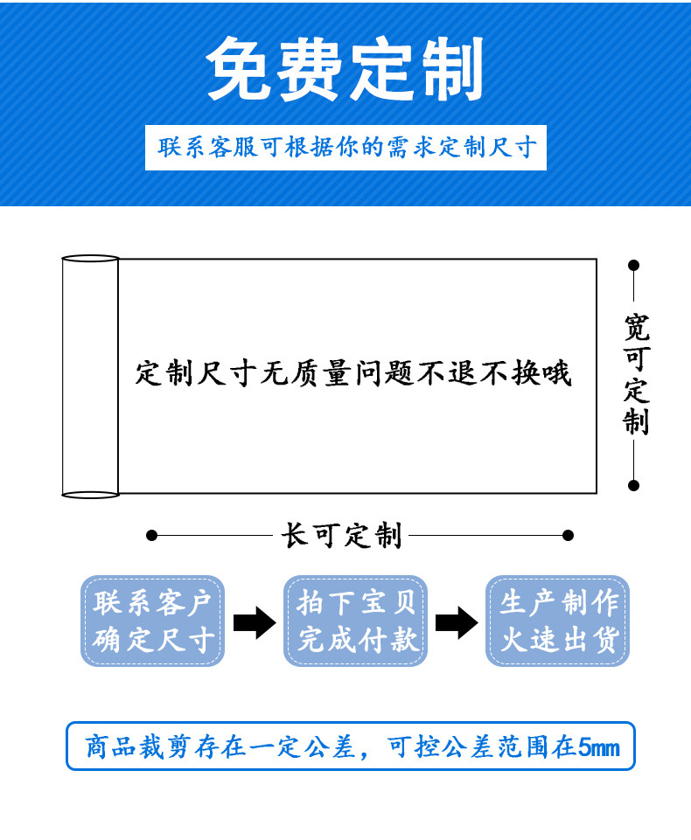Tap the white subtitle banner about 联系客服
pyautogui.click(x=345, y=147)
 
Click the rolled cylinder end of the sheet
pyautogui.click(x=90, y=377)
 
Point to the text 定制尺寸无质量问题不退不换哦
pyautogui.click(x=353, y=373)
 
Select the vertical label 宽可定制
pyautogui.click(x=636, y=374)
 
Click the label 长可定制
pyautogui.click(x=342, y=535)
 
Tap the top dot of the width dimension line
pyautogui.click(x=634, y=265)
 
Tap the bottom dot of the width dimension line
pyautogui.click(x=634, y=485)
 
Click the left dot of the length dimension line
pyautogui.click(x=151, y=535)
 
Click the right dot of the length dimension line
pyautogui.click(x=568, y=535)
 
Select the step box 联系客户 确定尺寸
pyautogui.click(x=153, y=621)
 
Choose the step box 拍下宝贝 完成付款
pyautogui.click(x=356, y=621)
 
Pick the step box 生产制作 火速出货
pyautogui.click(x=558, y=621)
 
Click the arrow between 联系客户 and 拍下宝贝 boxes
pyautogui.click(x=255, y=622)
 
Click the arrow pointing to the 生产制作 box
pyautogui.click(x=457, y=622)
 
